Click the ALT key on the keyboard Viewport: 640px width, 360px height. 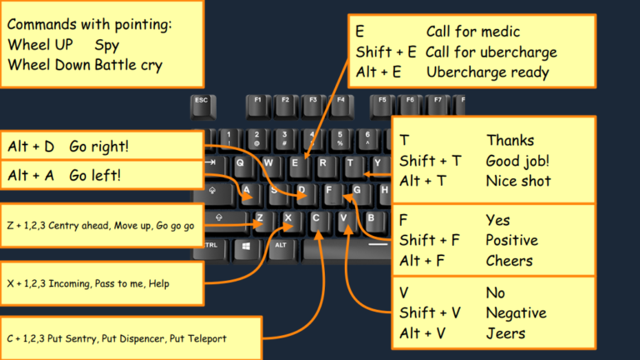coord(282,246)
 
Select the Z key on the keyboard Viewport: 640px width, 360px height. coord(260,221)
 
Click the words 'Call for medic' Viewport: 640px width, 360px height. coord(472,32)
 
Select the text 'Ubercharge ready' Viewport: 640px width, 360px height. coord(487,72)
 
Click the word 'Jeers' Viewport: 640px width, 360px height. coord(506,333)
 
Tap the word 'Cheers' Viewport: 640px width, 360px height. coord(509,261)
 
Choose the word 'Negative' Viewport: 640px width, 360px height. coord(516,313)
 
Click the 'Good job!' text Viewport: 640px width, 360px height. coord(517,161)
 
